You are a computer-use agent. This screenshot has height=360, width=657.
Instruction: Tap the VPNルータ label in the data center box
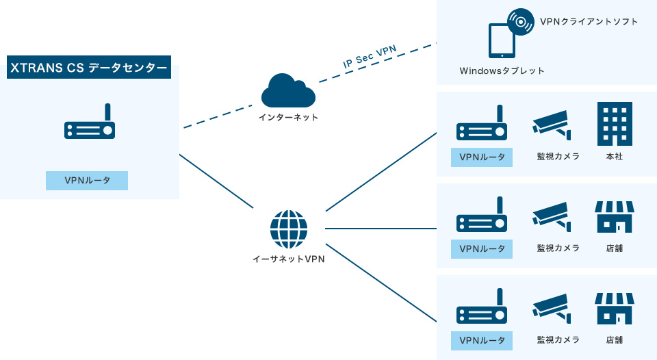[87, 181]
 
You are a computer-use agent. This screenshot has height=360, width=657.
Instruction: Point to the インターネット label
[288, 117]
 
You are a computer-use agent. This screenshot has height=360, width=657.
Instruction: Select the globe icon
[289, 229]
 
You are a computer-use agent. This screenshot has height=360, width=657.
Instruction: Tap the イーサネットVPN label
[288, 259]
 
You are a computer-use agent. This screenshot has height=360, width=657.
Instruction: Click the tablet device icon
[501, 41]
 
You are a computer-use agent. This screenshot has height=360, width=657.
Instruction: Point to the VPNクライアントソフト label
[589, 22]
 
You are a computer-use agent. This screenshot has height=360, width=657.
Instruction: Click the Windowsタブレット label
[502, 70]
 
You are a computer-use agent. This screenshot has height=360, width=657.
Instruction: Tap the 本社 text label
[615, 156]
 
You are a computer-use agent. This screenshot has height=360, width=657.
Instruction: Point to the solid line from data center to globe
[216, 181]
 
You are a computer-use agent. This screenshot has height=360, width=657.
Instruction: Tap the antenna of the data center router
[107, 112]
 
